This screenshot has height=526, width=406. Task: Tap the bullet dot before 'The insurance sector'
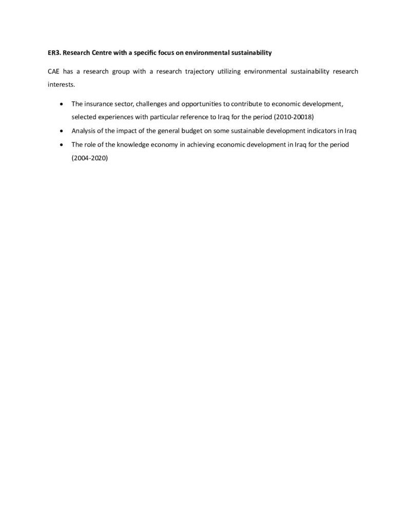click(x=62, y=104)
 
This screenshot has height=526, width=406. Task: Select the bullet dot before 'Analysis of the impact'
click(x=62, y=131)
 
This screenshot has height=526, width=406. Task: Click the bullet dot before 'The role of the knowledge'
click(x=62, y=145)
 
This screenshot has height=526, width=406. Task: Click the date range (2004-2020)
click(x=90, y=158)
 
